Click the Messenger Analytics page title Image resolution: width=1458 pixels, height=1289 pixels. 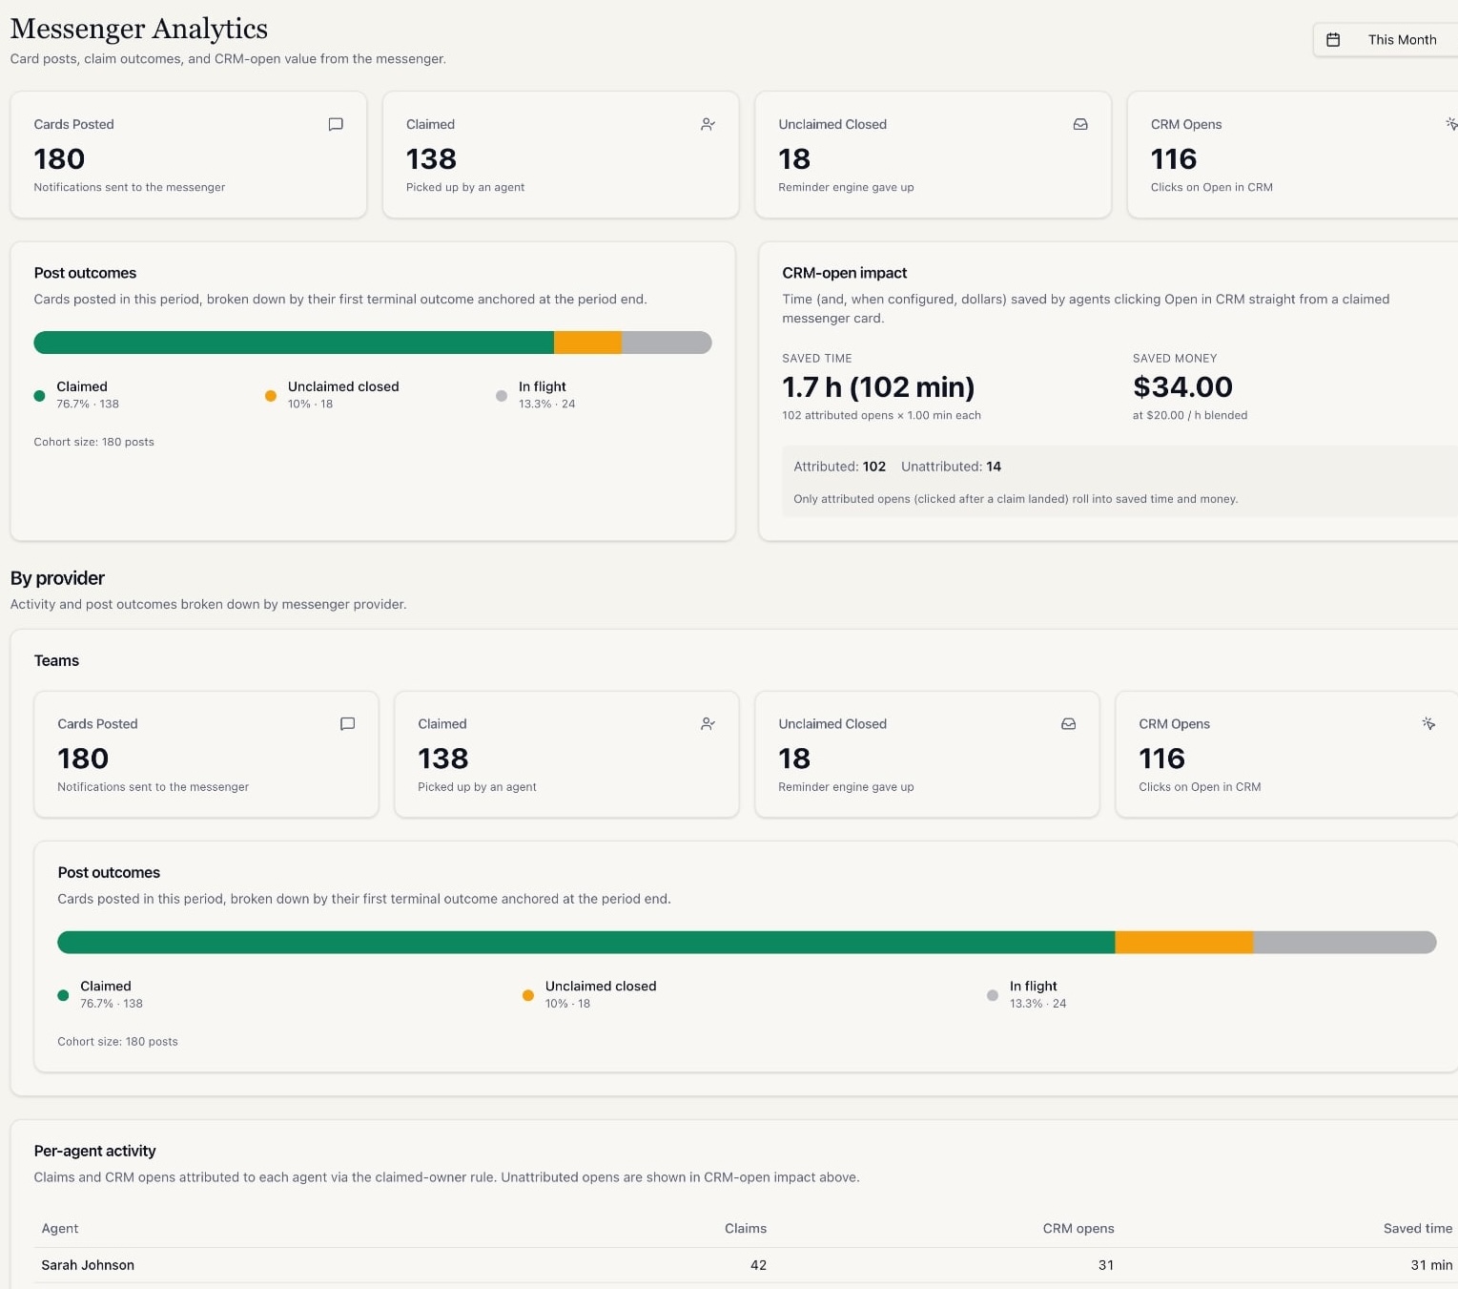pos(139,29)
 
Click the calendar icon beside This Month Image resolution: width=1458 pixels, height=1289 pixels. pos(1333,40)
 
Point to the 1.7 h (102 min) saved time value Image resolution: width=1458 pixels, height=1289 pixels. pos(877,387)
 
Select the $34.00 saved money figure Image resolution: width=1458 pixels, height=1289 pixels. pos(1182,387)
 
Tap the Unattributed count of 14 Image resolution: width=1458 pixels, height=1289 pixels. pos(994,467)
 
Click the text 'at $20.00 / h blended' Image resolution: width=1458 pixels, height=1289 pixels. pos(1189,415)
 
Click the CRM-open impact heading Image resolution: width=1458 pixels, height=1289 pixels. pos(844,273)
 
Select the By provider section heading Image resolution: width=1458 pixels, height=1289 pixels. pos(57,578)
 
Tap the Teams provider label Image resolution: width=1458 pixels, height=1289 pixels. pos(56,661)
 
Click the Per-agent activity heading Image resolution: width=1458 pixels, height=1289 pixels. pos(94,1151)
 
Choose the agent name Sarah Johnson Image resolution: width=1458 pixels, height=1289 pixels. pos(88,1265)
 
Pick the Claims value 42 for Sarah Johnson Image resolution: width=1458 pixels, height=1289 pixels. pos(758,1265)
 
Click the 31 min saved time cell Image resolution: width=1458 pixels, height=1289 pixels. pos(1430,1265)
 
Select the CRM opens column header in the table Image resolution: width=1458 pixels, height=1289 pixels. pos(1078,1229)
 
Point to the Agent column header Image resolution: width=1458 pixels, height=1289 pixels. pos(60,1229)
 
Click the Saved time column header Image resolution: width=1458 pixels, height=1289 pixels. pos(1417,1229)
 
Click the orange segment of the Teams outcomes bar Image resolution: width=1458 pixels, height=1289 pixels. pos(1183,943)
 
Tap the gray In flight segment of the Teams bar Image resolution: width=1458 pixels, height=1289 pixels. pos(1343,943)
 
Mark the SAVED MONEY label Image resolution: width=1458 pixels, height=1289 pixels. pos(1174,359)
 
